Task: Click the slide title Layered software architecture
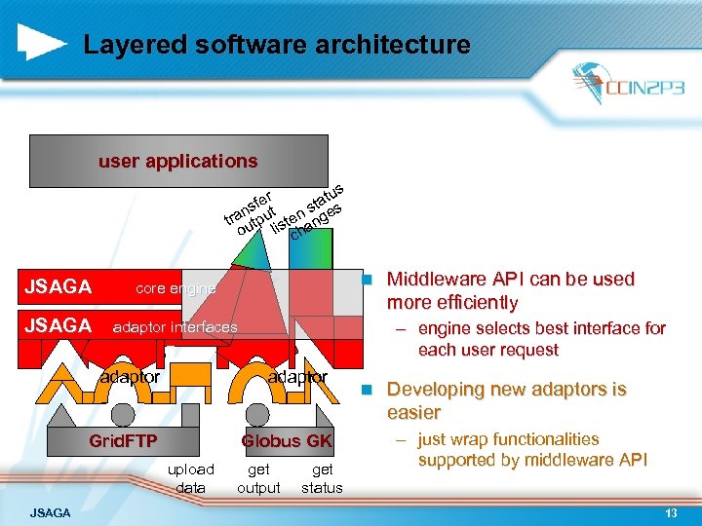coord(277,45)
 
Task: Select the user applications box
coord(178,161)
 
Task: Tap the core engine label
coord(175,288)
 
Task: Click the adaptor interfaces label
coord(175,327)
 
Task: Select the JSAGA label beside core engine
coord(58,287)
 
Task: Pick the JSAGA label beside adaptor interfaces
coord(58,325)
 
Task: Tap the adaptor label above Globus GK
coord(298,376)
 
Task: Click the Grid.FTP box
coord(123,440)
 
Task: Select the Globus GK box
coord(287,440)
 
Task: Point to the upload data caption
coord(191,478)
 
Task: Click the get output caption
coord(259,478)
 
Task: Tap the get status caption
coord(323,478)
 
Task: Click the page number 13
coord(671,513)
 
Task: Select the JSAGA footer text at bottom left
coord(50,513)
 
